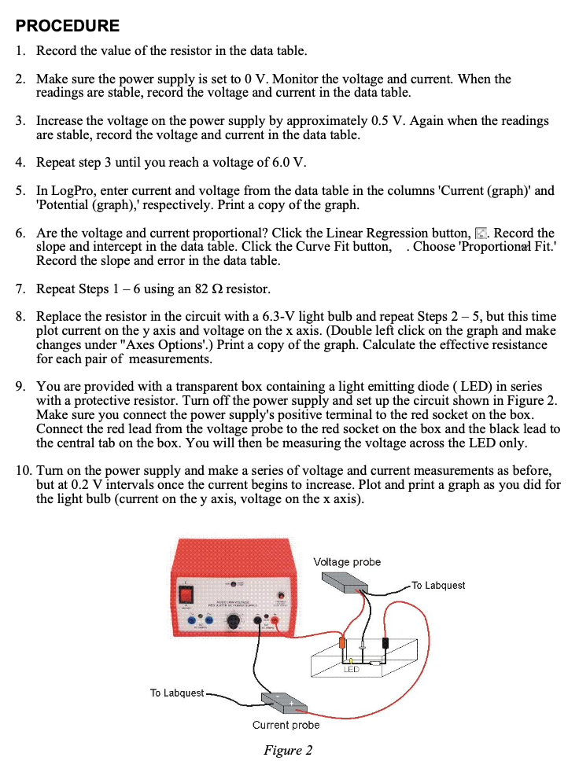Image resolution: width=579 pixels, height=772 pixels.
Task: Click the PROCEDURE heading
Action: coord(68,25)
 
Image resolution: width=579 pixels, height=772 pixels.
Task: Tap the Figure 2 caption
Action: coord(288,750)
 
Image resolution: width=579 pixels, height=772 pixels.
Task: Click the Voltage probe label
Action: coord(346,561)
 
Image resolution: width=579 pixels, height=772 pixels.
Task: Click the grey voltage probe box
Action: coord(345,582)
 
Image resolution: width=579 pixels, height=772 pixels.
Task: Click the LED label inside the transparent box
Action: coord(351,670)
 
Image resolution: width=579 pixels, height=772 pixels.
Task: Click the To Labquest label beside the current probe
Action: coord(176,693)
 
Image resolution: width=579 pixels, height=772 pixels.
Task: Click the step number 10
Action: coord(24,470)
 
